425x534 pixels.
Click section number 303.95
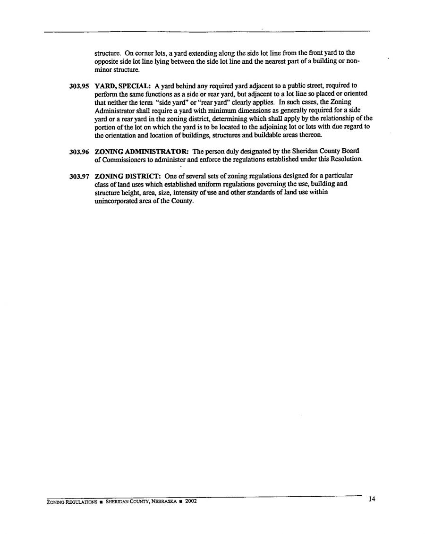pyautogui.click(x=79, y=86)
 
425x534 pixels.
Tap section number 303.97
pyautogui.click(x=79, y=177)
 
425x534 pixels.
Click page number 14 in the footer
pyautogui.click(x=372, y=499)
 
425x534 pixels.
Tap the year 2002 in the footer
pyautogui.click(x=190, y=501)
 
